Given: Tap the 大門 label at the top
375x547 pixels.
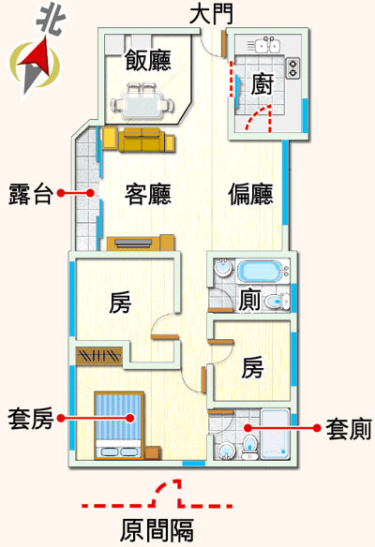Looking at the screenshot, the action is click(211, 15).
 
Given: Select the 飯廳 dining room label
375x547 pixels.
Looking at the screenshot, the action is click(148, 60).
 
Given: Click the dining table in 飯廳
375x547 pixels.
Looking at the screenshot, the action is click(142, 103).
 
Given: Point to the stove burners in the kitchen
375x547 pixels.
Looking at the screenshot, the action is click(292, 67).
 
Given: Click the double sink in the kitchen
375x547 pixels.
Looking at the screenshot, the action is click(268, 45).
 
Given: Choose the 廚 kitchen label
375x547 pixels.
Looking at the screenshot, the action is click(262, 84).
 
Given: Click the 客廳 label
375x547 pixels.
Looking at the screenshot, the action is click(148, 194).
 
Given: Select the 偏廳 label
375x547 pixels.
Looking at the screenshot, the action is click(250, 194).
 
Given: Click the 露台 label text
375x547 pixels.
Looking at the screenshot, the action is click(31, 194).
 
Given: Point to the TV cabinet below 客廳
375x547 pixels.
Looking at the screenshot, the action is click(141, 243).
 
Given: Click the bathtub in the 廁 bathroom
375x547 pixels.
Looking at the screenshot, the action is click(262, 271).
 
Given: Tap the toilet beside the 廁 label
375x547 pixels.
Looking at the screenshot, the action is click(277, 301).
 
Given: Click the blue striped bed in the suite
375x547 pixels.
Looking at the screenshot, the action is click(119, 425).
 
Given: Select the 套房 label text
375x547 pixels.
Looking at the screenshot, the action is click(31, 418).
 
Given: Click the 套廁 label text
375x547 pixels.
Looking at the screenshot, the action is click(349, 428).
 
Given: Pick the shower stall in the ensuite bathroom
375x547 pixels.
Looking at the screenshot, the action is click(275, 434).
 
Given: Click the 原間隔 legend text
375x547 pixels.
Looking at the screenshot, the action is click(157, 530).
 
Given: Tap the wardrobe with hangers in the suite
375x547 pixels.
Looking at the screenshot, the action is click(99, 356).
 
